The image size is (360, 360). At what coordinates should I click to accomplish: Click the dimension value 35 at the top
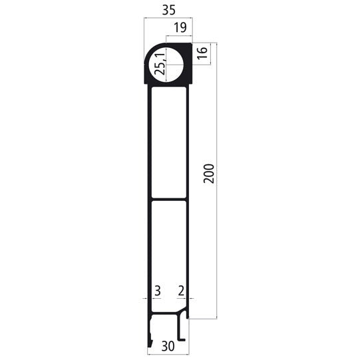tap(168, 10)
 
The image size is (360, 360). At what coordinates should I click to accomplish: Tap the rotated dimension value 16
tap(204, 54)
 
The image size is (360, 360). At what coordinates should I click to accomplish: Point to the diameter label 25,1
tap(160, 65)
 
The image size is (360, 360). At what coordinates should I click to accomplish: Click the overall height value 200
tap(208, 174)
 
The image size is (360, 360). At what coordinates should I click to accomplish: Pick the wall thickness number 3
tap(158, 291)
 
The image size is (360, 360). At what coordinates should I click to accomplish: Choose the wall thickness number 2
tap(181, 291)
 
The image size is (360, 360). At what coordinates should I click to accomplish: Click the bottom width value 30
tap(168, 346)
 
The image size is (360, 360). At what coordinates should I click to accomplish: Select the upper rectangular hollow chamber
tap(168, 143)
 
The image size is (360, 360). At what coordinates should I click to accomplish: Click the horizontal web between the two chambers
tap(168, 199)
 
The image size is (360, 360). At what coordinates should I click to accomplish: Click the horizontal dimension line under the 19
tap(180, 36)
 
